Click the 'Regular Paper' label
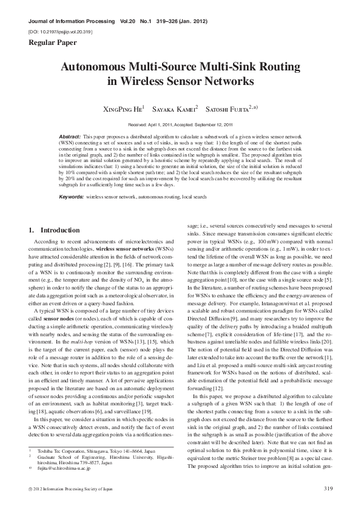(50, 42)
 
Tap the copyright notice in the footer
(67, 489)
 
